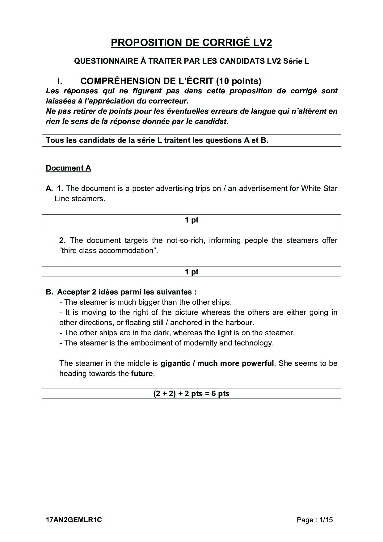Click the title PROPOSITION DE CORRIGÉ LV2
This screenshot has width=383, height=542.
pyautogui.click(x=191, y=43)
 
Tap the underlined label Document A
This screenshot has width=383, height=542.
pyautogui.click(x=68, y=168)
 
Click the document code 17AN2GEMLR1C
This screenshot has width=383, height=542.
pyautogui.click(x=74, y=520)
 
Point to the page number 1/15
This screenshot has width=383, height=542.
pyautogui.click(x=326, y=520)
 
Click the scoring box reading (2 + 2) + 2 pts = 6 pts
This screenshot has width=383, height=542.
pyautogui.click(x=191, y=394)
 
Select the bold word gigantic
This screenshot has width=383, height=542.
pyautogui.click(x=175, y=363)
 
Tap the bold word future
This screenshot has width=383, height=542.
pyautogui.click(x=142, y=373)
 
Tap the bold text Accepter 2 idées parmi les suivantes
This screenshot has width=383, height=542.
pyautogui.click(x=127, y=292)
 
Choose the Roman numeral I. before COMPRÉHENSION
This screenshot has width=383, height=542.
pyautogui.click(x=60, y=81)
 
